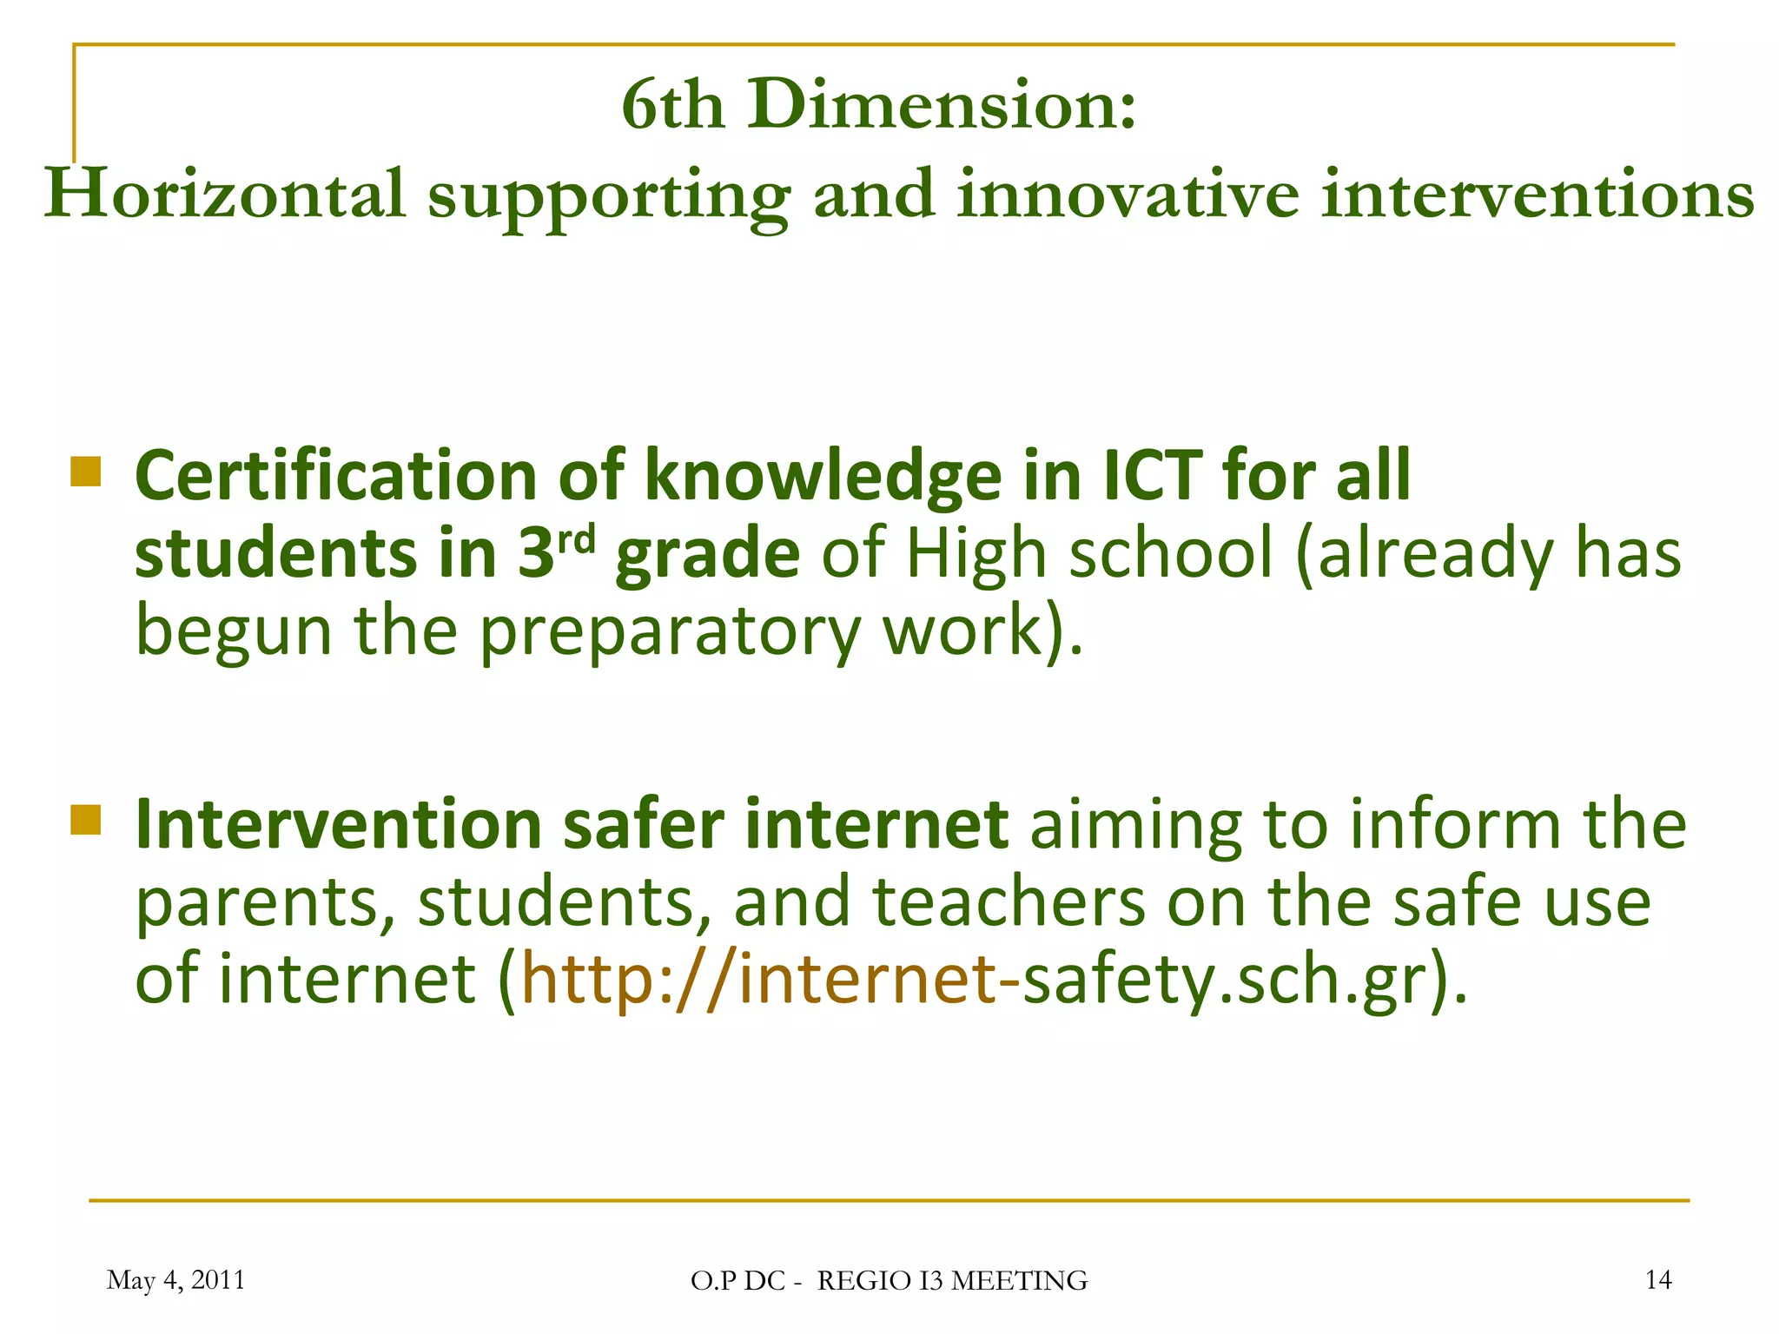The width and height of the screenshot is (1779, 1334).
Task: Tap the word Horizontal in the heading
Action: [225, 195]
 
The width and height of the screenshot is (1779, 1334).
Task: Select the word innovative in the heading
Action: [1128, 195]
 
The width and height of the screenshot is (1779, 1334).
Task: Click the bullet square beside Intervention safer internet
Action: [86, 819]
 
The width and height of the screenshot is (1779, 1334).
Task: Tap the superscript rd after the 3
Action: [576, 540]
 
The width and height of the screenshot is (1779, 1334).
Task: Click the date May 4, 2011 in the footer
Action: [175, 1279]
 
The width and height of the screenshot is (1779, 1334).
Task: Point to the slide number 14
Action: [1658, 1279]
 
